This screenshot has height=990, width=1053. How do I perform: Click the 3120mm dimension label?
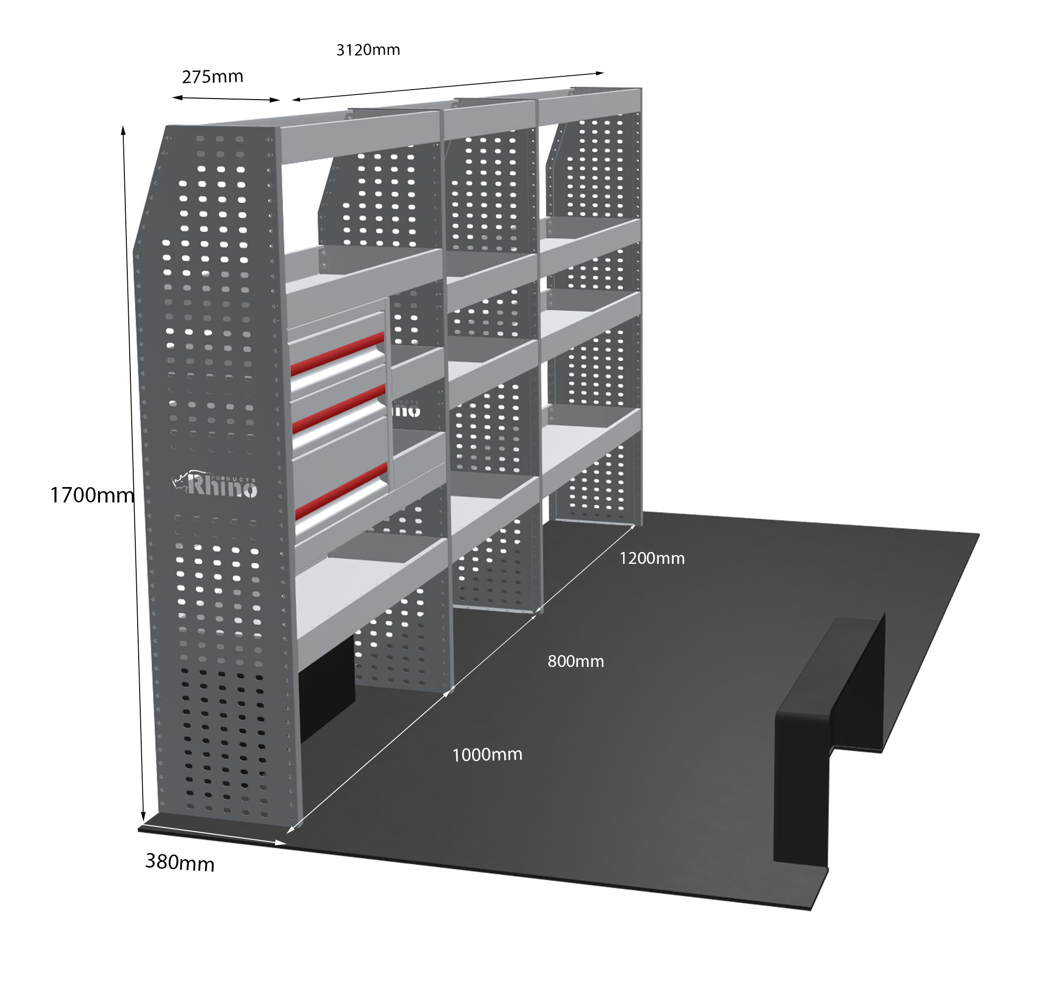pos(368,50)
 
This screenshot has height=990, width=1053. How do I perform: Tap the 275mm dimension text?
pos(212,77)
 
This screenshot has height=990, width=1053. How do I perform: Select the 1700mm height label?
pos(92,495)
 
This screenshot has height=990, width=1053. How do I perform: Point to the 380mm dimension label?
pos(180,863)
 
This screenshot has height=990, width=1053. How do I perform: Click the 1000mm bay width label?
pos(487,755)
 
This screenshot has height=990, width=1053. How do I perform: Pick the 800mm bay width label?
pos(576,661)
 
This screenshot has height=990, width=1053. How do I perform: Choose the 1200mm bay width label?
pos(652,558)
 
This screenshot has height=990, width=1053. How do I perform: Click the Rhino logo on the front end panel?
pos(215,484)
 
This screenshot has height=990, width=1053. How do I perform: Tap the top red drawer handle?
pos(337,354)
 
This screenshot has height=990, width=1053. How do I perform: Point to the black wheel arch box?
pos(829,742)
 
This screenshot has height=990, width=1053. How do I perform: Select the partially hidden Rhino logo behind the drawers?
pos(406,410)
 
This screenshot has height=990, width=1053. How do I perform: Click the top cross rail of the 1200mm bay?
pos(589,107)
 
